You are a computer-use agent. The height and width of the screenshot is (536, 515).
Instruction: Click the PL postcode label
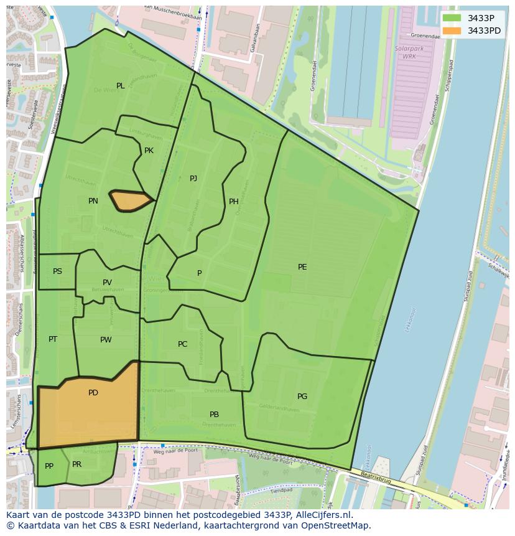click(x=120, y=86)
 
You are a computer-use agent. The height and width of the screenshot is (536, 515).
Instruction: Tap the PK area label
click(x=149, y=151)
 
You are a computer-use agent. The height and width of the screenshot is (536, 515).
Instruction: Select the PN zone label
click(x=93, y=201)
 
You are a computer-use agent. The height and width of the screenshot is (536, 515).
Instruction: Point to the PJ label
click(x=193, y=179)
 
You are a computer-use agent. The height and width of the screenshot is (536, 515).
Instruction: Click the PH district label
click(x=234, y=202)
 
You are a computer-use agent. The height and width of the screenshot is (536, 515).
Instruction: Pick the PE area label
click(x=302, y=267)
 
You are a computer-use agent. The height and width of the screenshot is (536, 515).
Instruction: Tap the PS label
click(x=57, y=271)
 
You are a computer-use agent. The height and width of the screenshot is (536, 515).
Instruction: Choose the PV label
click(x=108, y=283)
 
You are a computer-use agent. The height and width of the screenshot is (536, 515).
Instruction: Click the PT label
click(x=53, y=339)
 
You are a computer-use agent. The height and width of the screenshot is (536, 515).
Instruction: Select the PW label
click(x=106, y=340)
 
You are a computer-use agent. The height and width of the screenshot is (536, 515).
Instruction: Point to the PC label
click(x=182, y=344)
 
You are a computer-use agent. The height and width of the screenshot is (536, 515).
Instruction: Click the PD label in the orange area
click(x=93, y=393)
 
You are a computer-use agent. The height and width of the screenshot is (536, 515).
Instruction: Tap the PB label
click(x=214, y=415)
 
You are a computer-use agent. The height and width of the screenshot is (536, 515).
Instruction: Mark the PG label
click(x=302, y=397)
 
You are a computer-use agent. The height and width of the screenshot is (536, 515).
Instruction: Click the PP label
click(x=49, y=466)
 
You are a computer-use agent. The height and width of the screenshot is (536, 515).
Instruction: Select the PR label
click(x=77, y=464)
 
